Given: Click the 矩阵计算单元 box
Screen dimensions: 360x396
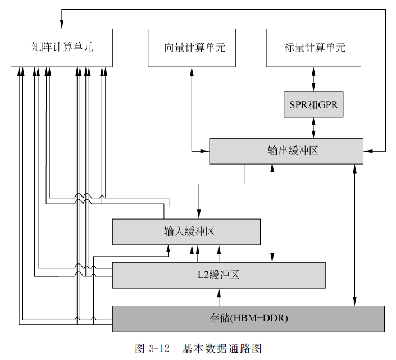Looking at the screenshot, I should tap(62, 47).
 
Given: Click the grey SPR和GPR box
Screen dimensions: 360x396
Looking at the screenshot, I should tap(313, 104).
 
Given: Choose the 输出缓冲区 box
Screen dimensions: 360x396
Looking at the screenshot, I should tap(286, 151).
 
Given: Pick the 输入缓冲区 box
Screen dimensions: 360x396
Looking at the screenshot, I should tap(186, 232).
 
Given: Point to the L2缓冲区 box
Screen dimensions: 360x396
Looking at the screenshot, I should tap(219, 275).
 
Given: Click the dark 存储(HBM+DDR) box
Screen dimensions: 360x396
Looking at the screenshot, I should tap(248, 318).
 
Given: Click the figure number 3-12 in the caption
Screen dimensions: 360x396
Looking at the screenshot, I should tap(160, 348).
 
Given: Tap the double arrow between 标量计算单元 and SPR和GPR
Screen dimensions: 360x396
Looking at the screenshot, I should tap(313, 79).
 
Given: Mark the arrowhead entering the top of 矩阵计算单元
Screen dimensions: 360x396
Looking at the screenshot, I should tap(62, 24).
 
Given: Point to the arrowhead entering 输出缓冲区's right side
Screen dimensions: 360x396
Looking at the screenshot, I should tap(367, 151).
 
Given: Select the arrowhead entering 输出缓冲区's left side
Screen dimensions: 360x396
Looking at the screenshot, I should tap(206, 151).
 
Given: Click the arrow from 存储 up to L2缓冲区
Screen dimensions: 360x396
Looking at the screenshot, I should tap(220, 297).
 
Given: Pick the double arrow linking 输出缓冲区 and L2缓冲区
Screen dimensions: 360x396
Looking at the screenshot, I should tap(273, 213).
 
